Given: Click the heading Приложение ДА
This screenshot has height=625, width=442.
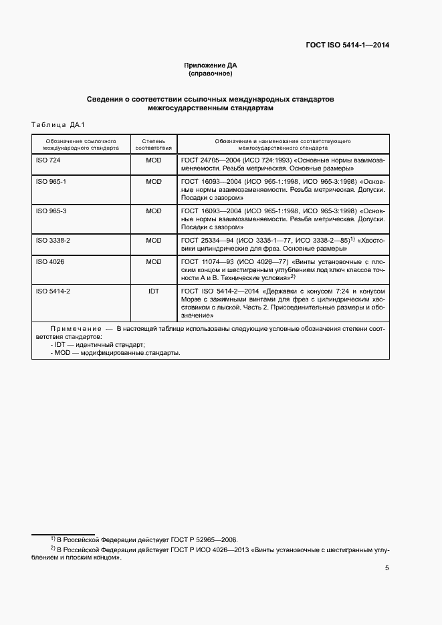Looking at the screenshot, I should point(211,66).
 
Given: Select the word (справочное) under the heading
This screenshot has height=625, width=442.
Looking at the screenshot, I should point(211,74).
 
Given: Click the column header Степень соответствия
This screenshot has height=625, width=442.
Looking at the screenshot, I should point(154,145).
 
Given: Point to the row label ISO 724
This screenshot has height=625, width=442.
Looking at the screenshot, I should point(47,161).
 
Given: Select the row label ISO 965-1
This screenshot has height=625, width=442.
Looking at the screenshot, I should point(51,181).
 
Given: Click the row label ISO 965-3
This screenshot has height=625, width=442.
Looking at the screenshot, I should point(51,211).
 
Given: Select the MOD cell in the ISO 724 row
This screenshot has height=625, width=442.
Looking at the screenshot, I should point(154,161).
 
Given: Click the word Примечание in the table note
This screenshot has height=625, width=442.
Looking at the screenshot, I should point(75,329).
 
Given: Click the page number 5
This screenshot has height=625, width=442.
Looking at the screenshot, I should point(387,569).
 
